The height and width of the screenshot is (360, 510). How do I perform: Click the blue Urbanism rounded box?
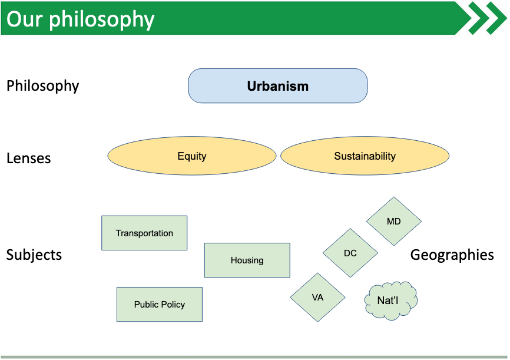pos(278,86)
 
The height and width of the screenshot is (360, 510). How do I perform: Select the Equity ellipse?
pos(192,156)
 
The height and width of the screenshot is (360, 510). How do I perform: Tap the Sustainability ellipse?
pos(365,156)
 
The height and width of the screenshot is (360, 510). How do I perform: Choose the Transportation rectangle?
pos(144,233)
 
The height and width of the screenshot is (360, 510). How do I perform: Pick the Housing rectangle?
pos(247,260)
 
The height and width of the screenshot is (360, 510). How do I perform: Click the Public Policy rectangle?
pos(160,305)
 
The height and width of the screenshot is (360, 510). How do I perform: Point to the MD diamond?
pos(394,222)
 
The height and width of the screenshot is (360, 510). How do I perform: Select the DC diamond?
pos(350,253)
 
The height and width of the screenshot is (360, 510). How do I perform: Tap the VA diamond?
pos(318,298)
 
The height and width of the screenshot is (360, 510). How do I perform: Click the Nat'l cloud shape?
pos(390,300)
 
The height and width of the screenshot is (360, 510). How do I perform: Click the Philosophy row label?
pos(42,86)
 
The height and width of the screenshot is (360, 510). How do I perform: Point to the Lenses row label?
pos(29,158)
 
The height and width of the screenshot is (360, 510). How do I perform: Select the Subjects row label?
pos(34,255)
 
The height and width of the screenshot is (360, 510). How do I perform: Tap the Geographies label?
pos(452,255)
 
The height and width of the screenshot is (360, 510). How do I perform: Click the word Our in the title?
pos(24,19)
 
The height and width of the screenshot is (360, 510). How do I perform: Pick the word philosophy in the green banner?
pos(102,20)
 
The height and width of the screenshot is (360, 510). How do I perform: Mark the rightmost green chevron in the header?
pos(496,18)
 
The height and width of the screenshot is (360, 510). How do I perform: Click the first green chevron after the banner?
pos(479,18)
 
